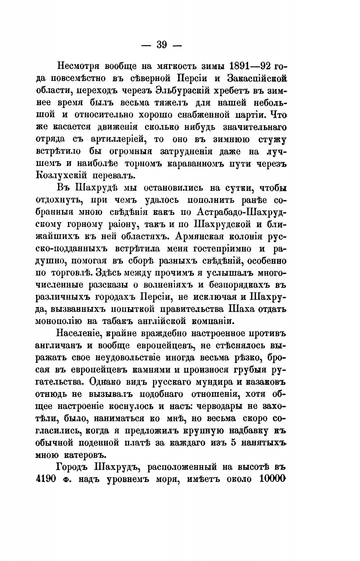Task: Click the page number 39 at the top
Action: click(x=161, y=45)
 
